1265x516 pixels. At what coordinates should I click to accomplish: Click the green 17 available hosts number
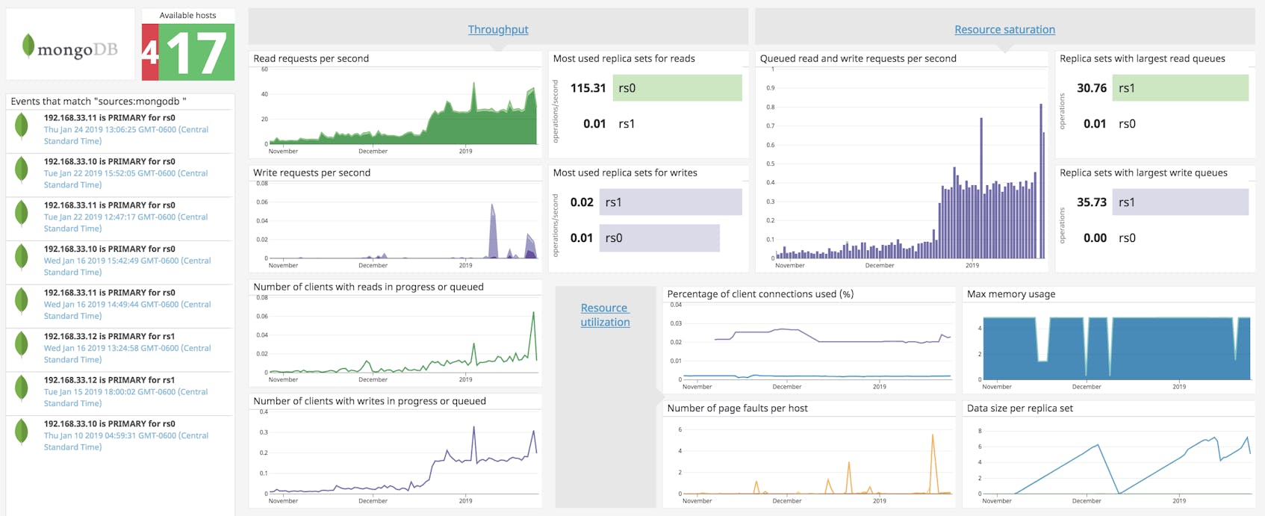pos(197,53)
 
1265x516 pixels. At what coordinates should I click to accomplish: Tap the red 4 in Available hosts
pos(150,53)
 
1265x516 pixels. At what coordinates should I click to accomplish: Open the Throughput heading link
pos(497,29)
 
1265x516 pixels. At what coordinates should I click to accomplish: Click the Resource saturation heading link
pos(1004,29)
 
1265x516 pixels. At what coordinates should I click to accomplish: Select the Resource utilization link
pos(605,314)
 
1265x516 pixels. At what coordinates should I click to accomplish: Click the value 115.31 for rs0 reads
pos(588,88)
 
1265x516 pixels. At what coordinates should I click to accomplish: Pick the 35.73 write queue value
pos(1091,202)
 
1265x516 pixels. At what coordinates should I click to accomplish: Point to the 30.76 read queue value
pos(1091,88)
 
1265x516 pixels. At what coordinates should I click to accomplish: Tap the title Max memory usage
pos(1010,294)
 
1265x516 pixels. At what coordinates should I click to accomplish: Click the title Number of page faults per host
pos(737,408)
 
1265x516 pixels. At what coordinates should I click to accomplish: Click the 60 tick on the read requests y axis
pos(264,69)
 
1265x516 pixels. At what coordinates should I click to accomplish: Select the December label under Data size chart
pos(1086,501)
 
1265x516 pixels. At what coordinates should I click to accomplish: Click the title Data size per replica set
pos(1019,408)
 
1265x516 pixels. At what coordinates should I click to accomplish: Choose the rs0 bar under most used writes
pos(659,238)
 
